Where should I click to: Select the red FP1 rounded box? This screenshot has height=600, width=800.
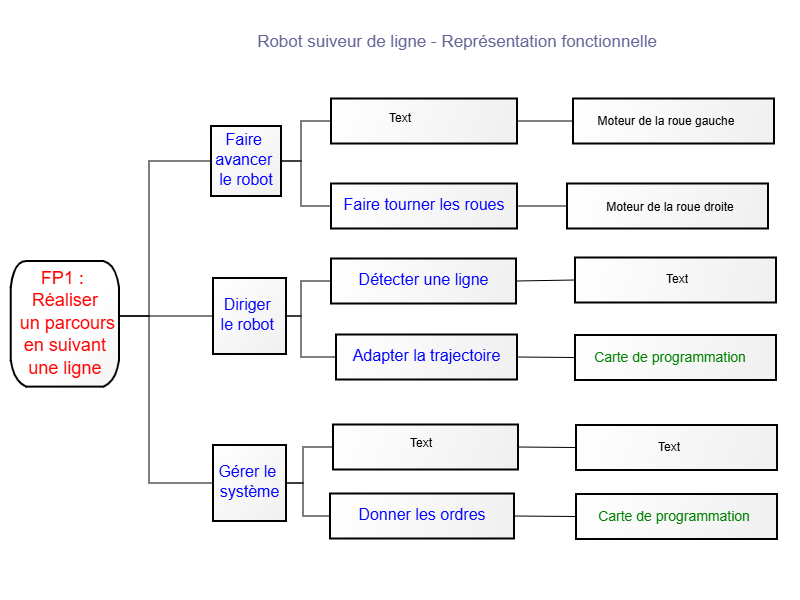(x=65, y=324)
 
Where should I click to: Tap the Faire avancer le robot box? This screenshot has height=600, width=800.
(x=246, y=161)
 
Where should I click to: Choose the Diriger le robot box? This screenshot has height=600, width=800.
(x=249, y=316)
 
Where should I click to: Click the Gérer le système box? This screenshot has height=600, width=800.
(x=249, y=483)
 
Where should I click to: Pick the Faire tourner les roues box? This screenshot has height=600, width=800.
(x=423, y=206)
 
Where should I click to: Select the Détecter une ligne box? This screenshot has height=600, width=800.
(x=423, y=281)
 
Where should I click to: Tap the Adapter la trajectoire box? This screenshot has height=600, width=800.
(x=426, y=357)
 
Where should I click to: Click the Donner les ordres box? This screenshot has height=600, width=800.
(x=422, y=516)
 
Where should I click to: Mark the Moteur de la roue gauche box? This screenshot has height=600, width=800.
(x=673, y=121)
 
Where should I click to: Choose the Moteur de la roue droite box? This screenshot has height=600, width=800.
(x=667, y=206)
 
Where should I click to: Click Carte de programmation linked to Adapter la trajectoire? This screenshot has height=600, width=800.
(x=675, y=357)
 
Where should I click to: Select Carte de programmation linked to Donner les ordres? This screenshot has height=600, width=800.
(x=676, y=516)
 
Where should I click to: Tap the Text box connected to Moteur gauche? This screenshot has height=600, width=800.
(x=423, y=121)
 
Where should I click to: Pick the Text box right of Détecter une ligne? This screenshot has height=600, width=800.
(x=675, y=280)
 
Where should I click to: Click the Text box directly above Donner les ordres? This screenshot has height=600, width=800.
(x=425, y=447)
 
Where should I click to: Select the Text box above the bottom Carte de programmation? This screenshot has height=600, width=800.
(x=676, y=447)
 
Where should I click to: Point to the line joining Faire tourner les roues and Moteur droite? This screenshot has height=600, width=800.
(x=542, y=206)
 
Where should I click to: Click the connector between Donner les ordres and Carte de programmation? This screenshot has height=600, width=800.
(x=545, y=516)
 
